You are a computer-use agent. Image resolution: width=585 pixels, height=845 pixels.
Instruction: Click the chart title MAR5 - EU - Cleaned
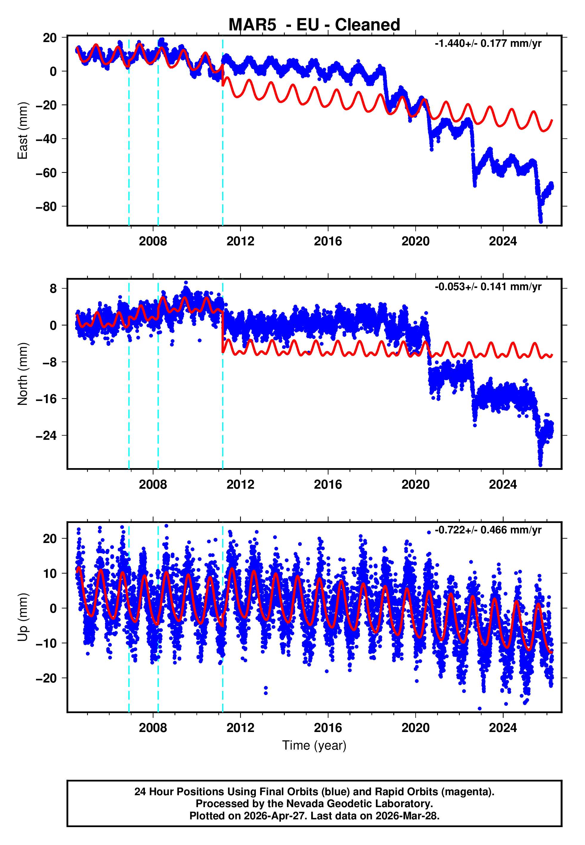(x=314, y=25)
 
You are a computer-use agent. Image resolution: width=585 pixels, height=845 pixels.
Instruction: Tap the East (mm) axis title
(x=23, y=131)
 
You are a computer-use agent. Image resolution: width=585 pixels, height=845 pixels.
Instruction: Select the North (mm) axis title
(x=23, y=374)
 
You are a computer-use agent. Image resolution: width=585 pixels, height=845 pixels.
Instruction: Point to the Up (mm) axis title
(x=23, y=617)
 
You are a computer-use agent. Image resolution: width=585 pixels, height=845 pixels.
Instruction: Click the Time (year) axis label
(x=314, y=746)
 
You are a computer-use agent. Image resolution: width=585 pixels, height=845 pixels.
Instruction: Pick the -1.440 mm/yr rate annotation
(x=488, y=44)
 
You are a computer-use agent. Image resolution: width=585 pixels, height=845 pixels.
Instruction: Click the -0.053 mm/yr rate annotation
(x=488, y=287)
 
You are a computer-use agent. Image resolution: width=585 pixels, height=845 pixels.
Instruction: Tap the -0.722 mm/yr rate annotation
(x=488, y=530)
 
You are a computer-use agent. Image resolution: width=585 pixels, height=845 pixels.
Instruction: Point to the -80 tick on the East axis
(x=46, y=207)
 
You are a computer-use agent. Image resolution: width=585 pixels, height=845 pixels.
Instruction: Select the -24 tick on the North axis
(x=46, y=436)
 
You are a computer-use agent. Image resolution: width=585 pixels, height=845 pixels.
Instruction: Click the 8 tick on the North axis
(x=53, y=289)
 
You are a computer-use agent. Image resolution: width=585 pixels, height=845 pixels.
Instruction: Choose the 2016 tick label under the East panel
(x=328, y=242)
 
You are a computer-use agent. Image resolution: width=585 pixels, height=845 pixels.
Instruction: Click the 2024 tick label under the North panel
(x=503, y=485)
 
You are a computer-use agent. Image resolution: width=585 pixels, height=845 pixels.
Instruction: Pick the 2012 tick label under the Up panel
(x=240, y=728)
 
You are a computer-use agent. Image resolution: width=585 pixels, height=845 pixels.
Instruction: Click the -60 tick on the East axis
(x=46, y=173)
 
